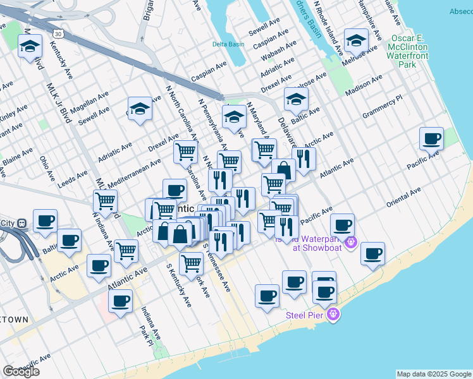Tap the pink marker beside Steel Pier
[334, 315]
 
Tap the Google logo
[21, 371]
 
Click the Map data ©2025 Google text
[433, 374]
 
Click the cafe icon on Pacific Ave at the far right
[433, 138]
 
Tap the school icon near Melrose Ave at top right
[356, 41]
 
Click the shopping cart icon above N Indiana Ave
[105, 201]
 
